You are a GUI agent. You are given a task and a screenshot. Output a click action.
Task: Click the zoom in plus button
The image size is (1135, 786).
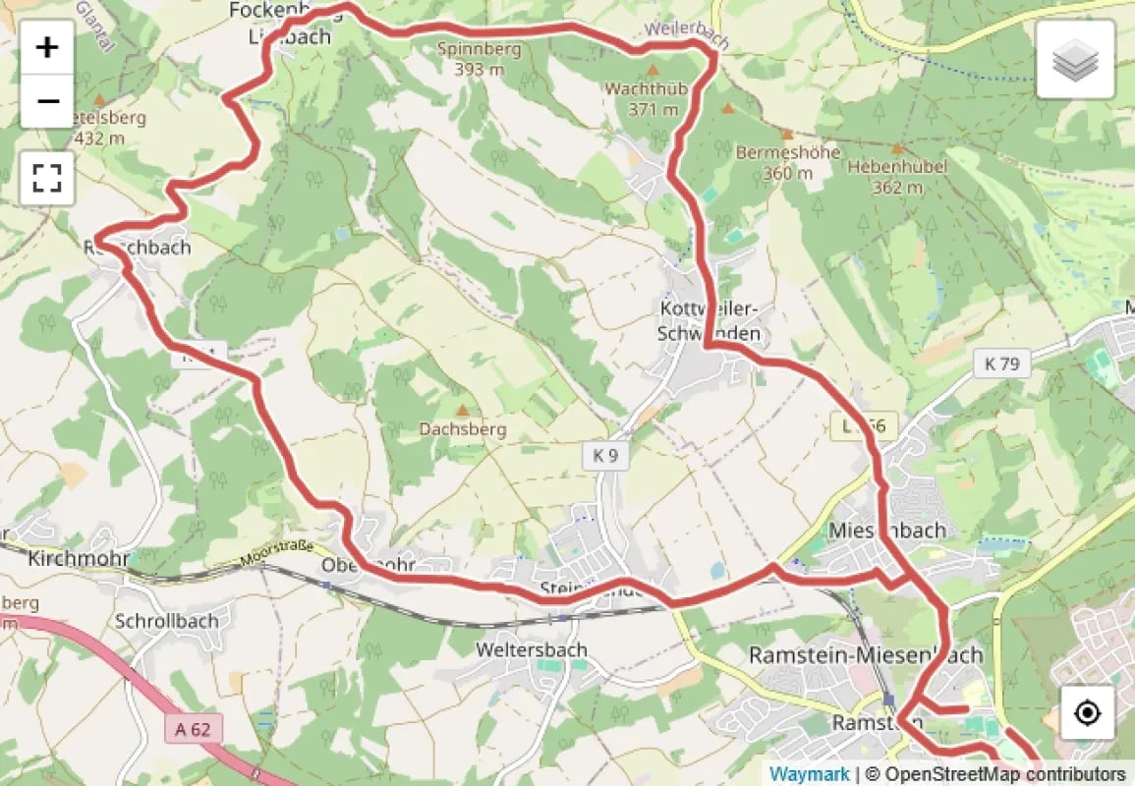(47, 47)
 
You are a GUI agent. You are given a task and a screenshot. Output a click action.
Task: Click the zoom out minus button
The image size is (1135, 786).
(47, 101)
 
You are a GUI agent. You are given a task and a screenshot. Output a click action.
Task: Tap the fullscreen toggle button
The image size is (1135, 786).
(47, 178)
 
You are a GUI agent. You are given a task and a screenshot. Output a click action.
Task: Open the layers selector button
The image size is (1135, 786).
(1075, 60)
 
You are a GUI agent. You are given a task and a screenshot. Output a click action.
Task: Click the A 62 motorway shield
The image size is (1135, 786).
(195, 729)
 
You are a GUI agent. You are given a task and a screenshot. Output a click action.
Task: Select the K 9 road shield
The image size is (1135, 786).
(604, 455)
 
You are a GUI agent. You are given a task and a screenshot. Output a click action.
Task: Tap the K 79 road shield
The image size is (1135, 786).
(1001, 364)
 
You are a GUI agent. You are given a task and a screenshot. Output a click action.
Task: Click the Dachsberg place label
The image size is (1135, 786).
(462, 429)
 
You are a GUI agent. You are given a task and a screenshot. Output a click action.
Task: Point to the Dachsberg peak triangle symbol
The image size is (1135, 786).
(462, 409)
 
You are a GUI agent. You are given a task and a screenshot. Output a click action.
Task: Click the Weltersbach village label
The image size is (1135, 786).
(532, 649)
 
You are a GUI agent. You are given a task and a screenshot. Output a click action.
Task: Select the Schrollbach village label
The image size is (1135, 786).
(164, 621)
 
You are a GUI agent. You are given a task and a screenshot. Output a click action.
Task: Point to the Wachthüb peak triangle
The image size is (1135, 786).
(652, 71)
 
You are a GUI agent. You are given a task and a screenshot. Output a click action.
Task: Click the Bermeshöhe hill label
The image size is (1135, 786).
(788, 153)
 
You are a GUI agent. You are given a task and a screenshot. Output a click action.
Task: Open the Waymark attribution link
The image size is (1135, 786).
(809, 774)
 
